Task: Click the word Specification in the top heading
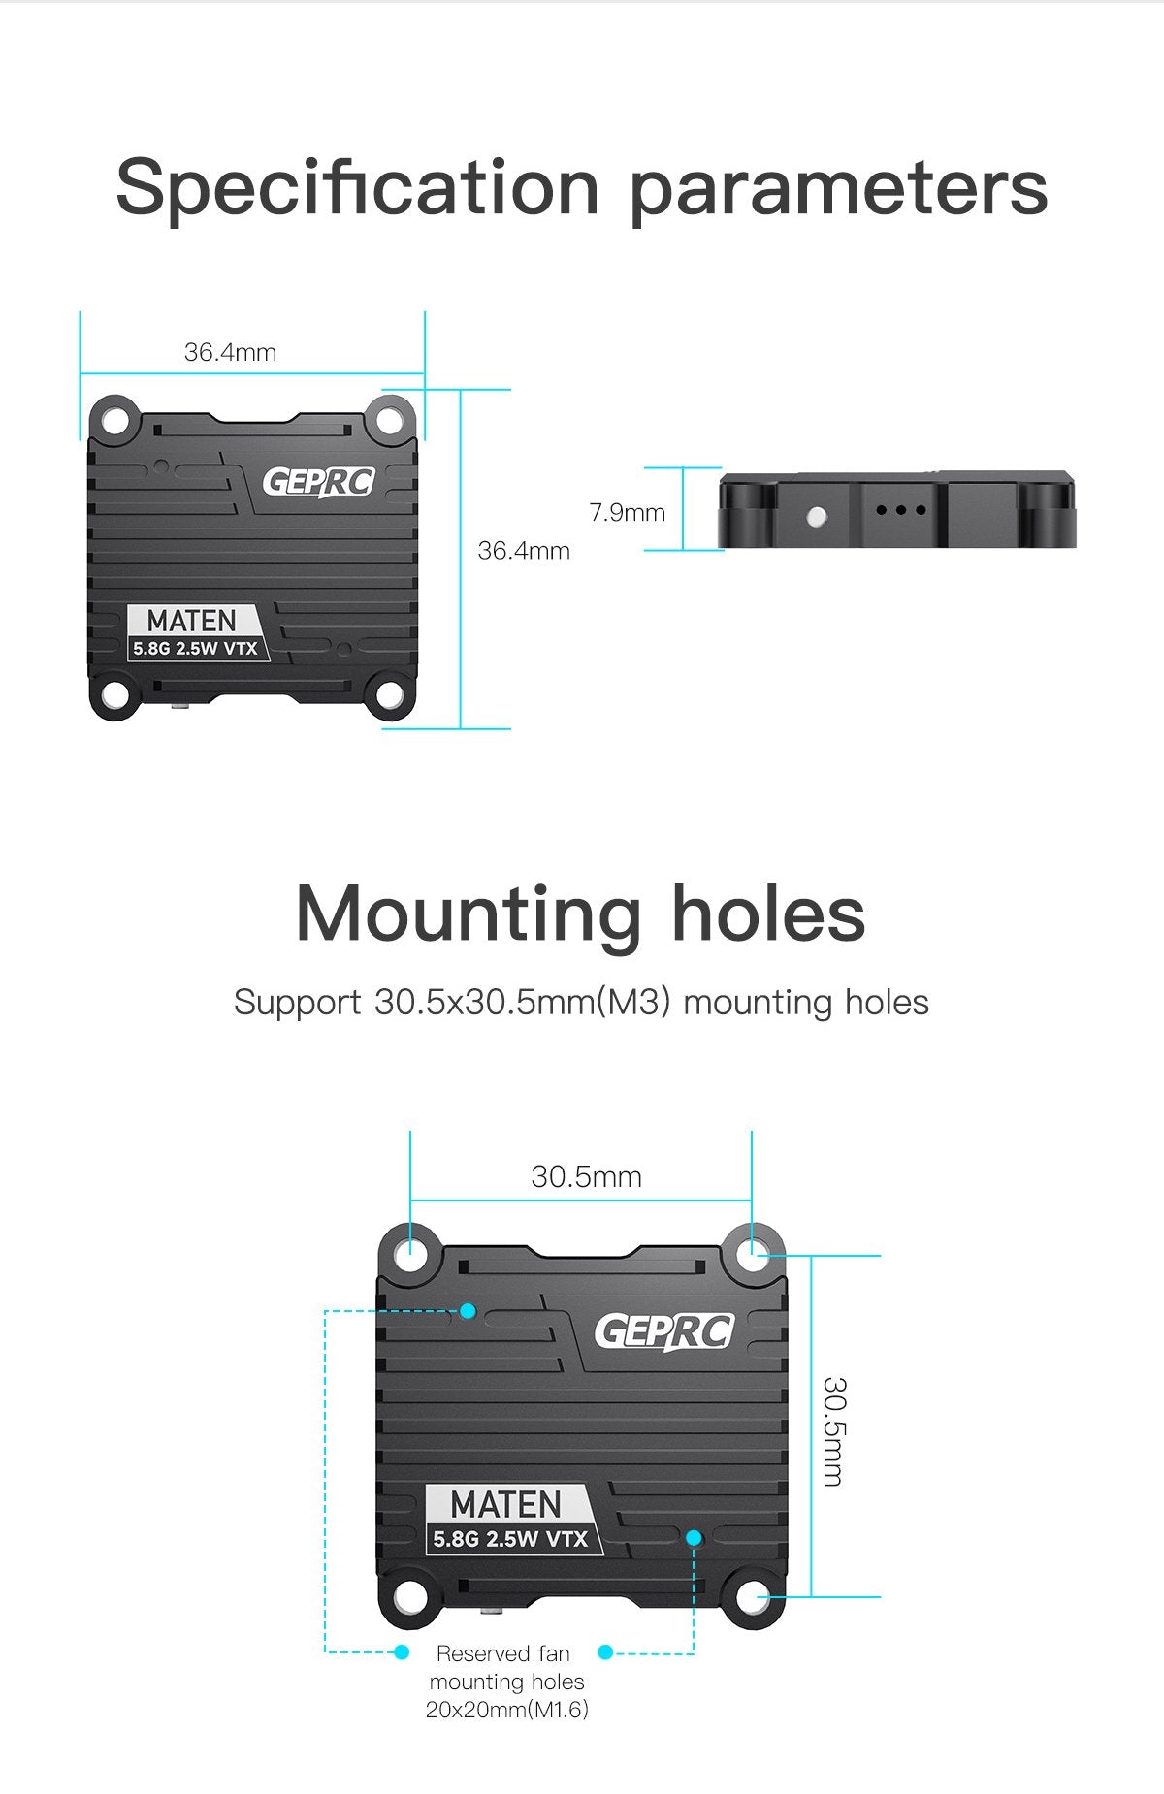pos(357,187)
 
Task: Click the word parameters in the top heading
pos(839,187)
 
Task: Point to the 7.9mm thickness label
pos(628,512)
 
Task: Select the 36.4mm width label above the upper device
pos(230,352)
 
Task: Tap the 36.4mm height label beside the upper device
pos(524,551)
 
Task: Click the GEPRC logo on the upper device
pos(318,481)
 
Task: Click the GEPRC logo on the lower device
pos(664,1331)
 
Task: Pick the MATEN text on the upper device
pos(191,621)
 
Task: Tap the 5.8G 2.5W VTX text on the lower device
pos(510,1539)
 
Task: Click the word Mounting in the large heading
pos(468,913)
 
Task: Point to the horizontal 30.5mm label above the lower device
pos(586,1176)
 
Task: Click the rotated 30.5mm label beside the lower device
pos(833,1430)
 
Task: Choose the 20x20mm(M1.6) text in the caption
pos(507,1709)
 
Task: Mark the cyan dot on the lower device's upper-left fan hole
pos(468,1311)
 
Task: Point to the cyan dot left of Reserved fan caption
pos(402,1651)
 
